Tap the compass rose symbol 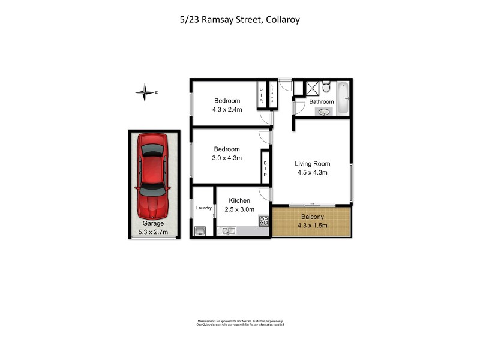[145, 92]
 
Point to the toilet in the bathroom [325, 88]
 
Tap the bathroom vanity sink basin [325, 111]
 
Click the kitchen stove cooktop [263, 221]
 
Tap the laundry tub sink [200, 230]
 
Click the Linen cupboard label [272, 94]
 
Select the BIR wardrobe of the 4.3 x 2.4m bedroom [261, 94]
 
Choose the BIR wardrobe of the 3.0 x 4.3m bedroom [265, 168]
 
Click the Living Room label [312, 163]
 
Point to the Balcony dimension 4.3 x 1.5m [312, 226]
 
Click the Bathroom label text [322, 101]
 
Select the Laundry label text [204, 208]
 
